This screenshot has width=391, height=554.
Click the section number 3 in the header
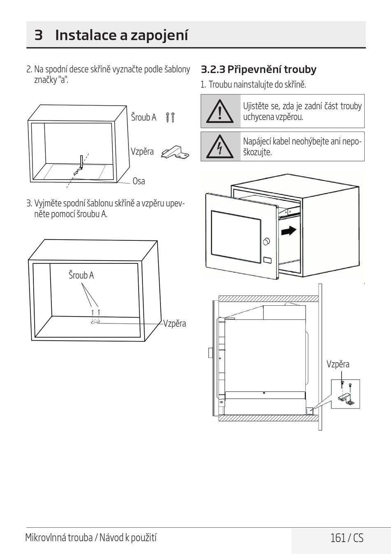pos(38,35)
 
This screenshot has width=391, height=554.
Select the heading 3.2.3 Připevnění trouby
pos(258,69)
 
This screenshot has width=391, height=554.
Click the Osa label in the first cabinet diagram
pos(139,181)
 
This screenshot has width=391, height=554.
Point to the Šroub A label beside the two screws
pos(144,118)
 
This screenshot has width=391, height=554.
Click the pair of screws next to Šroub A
pos(170,118)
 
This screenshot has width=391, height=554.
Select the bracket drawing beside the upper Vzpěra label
pos(175,152)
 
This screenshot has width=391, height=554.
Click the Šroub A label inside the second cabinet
pos(81,275)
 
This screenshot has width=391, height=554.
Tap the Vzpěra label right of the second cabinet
pos(175,324)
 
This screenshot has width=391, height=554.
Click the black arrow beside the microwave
pos(289,231)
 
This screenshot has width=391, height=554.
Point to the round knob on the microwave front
pos(266,241)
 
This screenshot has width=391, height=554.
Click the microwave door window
pos(236,236)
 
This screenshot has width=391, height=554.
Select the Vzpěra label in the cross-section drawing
pos(338,364)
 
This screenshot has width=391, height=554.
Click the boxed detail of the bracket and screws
pos(345,394)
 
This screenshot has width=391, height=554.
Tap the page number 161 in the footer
pos(337,538)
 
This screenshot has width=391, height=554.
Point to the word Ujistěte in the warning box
pos(256,106)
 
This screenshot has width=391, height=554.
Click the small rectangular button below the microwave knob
pos(267,260)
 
